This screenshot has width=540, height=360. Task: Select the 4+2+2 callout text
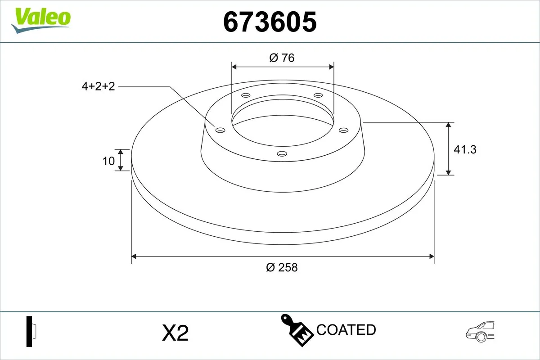[x=98, y=86]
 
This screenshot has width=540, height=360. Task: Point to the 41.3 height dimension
[x=464, y=149]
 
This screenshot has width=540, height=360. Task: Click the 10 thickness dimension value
[x=109, y=161]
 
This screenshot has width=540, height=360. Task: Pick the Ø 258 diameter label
[x=282, y=267]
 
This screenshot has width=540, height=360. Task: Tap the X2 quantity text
[x=175, y=333]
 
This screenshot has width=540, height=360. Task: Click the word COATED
[x=346, y=330]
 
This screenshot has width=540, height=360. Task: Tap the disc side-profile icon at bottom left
[x=31, y=332]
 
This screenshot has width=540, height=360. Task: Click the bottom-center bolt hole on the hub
[x=282, y=154]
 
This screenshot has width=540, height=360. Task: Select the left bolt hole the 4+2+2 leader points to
[x=220, y=130]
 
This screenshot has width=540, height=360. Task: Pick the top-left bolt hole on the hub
[x=246, y=95]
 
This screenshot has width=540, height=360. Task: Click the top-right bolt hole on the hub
[x=318, y=95]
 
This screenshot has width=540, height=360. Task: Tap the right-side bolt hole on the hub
[x=344, y=130]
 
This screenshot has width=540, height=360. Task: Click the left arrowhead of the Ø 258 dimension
[x=134, y=256]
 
